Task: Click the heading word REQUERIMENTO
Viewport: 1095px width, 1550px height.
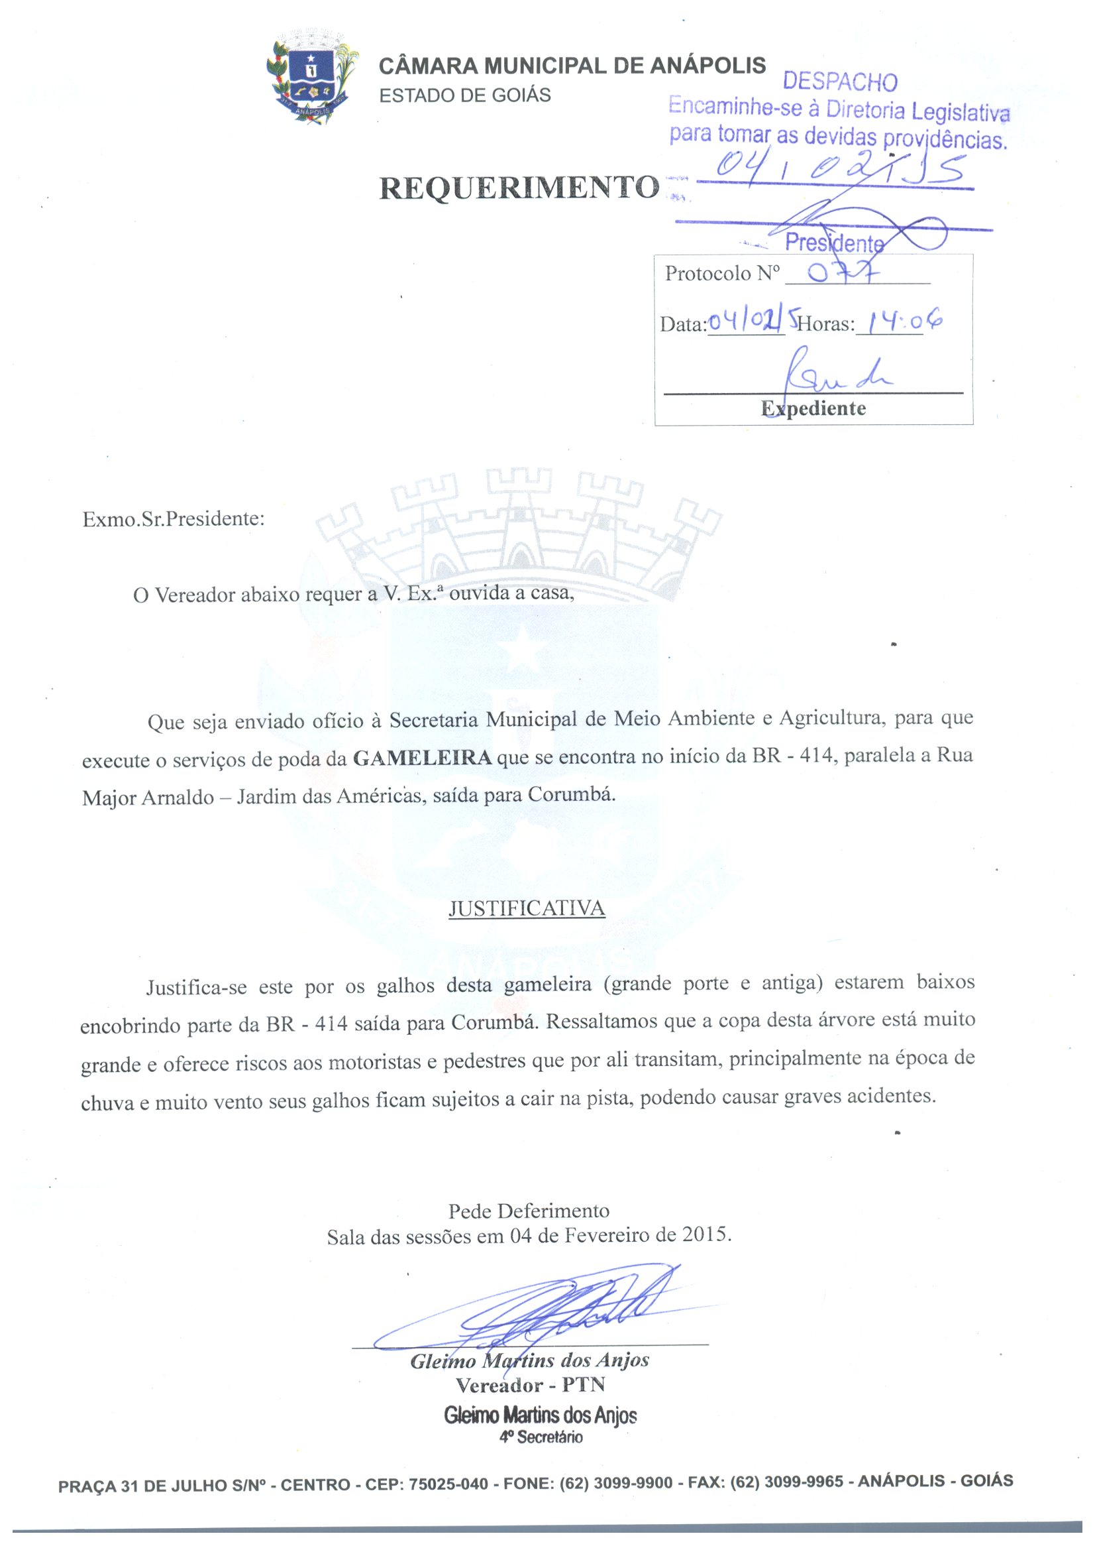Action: (x=519, y=188)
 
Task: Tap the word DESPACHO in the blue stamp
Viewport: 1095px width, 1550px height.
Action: (x=839, y=82)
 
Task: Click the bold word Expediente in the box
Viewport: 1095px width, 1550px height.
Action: (x=813, y=408)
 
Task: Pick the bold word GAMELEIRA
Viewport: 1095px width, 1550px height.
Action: (x=423, y=758)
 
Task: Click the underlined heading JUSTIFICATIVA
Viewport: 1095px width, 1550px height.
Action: (x=526, y=909)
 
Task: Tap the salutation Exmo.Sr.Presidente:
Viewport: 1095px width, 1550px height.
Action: (x=174, y=519)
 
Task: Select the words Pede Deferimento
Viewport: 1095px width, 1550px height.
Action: (x=528, y=1211)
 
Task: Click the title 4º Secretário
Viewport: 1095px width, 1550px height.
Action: (x=541, y=1437)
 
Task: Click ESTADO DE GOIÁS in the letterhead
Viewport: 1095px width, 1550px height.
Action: (x=465, y=95)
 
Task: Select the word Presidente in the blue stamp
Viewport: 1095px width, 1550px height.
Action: (x=834, y=243)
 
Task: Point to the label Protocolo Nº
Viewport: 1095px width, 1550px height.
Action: (x=722, y=273)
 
